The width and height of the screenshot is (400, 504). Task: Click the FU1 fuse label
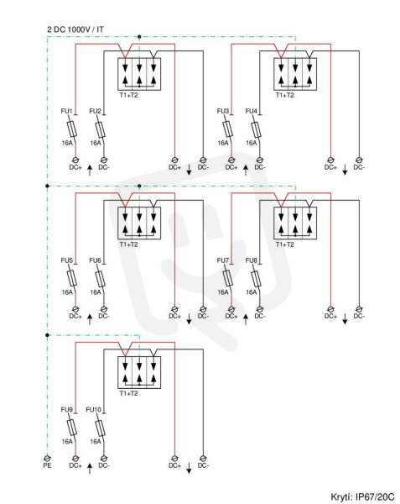[66, 111]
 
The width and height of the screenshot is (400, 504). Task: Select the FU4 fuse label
[252, 111]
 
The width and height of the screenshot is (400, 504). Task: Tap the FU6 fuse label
[95, 260]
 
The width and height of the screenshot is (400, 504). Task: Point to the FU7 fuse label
[223, 260]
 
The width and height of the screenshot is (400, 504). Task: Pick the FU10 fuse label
[93, 410]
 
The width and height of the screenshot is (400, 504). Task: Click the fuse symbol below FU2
[100, 130]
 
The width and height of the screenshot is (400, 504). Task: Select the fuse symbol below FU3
[228, 130]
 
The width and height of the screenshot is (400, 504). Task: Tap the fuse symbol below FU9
[72, 428]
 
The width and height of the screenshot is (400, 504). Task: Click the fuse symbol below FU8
[256, 280]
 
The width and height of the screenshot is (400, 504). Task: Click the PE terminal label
[47, 465]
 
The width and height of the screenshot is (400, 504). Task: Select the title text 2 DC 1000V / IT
[75, 29]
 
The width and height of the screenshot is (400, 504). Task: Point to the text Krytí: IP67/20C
[362, 496]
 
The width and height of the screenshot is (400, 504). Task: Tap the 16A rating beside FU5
[67, 292]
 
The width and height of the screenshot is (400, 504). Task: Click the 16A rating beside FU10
[96, 441]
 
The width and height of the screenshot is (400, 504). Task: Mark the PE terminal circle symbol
[47, 458]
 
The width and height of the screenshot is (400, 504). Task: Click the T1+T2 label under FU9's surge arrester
[128, 393]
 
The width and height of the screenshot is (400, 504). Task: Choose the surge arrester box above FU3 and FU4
[295, 74]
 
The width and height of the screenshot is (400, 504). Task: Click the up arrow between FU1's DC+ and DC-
[90, 170]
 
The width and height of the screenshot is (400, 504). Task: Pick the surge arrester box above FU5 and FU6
[139, 223]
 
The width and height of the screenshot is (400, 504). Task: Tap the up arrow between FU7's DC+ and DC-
[246, 319]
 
